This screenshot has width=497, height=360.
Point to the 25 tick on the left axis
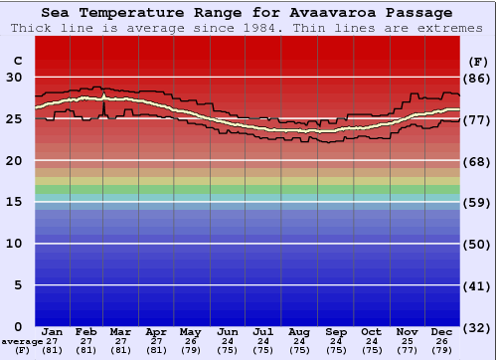pyautogui.click(x=15, y=118)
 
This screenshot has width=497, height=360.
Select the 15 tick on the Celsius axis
pyautogui.click(x=15, y=202)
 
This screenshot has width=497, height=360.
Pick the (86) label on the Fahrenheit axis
pyautogui.click(x=478, y=78)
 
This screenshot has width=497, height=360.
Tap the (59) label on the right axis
pyautogui.click(x=478, y=203)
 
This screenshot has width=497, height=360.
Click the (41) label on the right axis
pyautogui.click(x=478, y=286)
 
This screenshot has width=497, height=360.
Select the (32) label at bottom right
pyautogui.click(x=478, y=328)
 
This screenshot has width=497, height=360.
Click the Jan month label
pyautogui.click(x=53, y=331)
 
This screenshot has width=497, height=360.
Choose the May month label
pyautogui.click(x=189, y=331)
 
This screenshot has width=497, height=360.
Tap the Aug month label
pyautogui.click(x=299, y=331)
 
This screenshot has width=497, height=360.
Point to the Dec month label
pyautogui.click(x=442, y=331)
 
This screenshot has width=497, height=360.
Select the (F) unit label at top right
pyautogui.click(x=478, y=61)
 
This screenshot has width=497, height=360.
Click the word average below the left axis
pyautogui.click(x=21, y=341)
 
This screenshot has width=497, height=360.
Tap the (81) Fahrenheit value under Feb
pyautogui.click(x=85, y=350)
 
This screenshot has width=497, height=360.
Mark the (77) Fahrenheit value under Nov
pyautogui.click(x=407, y=350)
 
